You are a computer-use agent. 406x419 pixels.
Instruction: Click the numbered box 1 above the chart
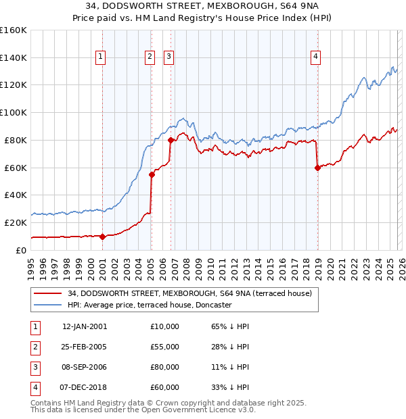100,57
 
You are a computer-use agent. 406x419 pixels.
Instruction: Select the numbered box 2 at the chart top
150,57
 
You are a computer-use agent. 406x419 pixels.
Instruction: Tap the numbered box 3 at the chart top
168,57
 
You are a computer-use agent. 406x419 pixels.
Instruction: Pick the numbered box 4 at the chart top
315,57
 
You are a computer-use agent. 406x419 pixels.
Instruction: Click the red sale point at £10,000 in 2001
103,237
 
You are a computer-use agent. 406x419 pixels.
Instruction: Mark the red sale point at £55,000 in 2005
152,174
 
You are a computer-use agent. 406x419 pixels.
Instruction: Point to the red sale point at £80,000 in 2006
171,140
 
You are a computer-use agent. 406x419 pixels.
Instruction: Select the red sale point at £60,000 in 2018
317,168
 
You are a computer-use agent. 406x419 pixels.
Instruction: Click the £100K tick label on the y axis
14,112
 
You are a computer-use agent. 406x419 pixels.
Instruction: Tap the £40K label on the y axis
16,195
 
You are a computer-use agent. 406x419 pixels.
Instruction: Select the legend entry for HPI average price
150,305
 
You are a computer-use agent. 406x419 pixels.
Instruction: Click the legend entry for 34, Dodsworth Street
189,293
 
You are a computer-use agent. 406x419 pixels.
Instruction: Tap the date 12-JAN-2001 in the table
84,326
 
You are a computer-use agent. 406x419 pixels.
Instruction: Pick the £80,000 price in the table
164,368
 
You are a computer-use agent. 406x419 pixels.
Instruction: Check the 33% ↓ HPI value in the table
230,387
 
